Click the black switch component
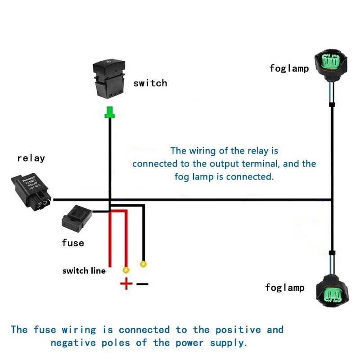pyautogui.click(x=109, y=79)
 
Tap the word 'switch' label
pyautogui.click(x=150, y=83)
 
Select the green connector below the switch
pyautogui.click(x=109, y=113)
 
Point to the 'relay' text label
pyautogui.click(x=31, y=158)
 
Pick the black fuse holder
pyautogui.click(x=76, y=218)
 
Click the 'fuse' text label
pyautogui.click(x=73, y=243)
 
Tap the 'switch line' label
pyautogui.click(x=84, y=270)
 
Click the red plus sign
pyautogui.click(x=126, y=283)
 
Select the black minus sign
pyautogui.click(x=142, y=284)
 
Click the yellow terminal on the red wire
pyautogui.click(x=126, y=270)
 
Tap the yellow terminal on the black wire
pyautogui.click(x=144, y=264)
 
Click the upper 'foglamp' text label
pyautogui.click(x=289, y=68)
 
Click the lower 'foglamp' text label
pyautogui.click(x=285, y=288)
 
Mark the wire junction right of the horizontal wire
pyautogui.click(x=332, y=199)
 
